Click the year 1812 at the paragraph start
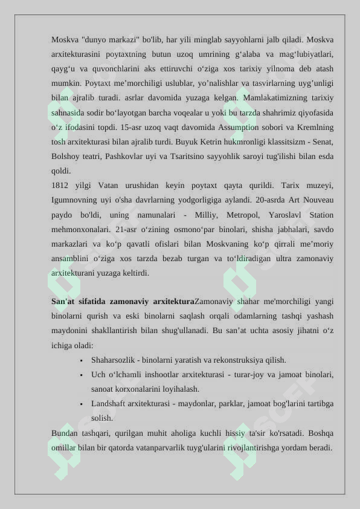click(x=61, y=185)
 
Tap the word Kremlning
click(x=315, y=128)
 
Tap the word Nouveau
click(x=319, y=199)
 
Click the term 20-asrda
click(x=262, y=199)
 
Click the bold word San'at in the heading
click(x=63, y=301)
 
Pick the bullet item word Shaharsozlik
click(x=113, y=360)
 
